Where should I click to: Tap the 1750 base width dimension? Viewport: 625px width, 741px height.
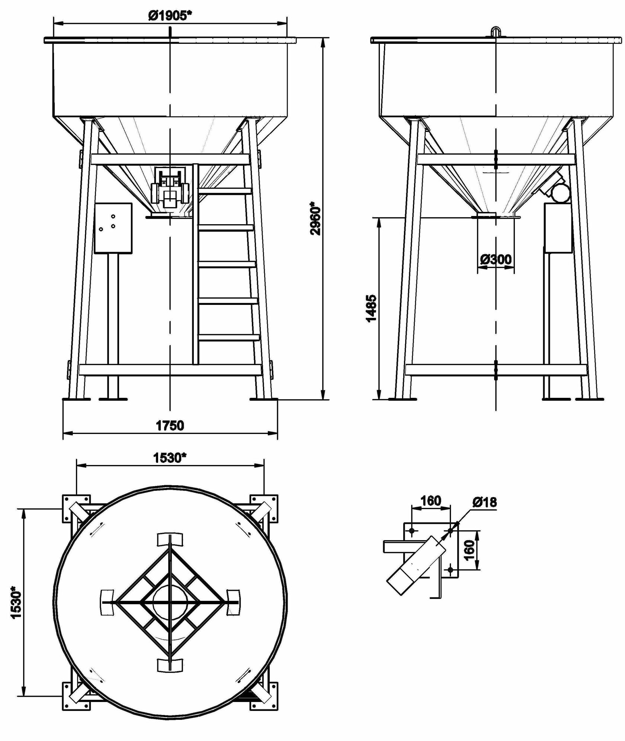(170, 425)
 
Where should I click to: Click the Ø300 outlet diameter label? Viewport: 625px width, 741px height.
(496, 259)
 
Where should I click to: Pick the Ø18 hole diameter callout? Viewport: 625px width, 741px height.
(484, 502)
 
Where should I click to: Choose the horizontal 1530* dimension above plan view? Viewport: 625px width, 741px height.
(170, 458)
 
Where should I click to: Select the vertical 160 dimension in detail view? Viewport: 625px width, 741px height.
(470, 550)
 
